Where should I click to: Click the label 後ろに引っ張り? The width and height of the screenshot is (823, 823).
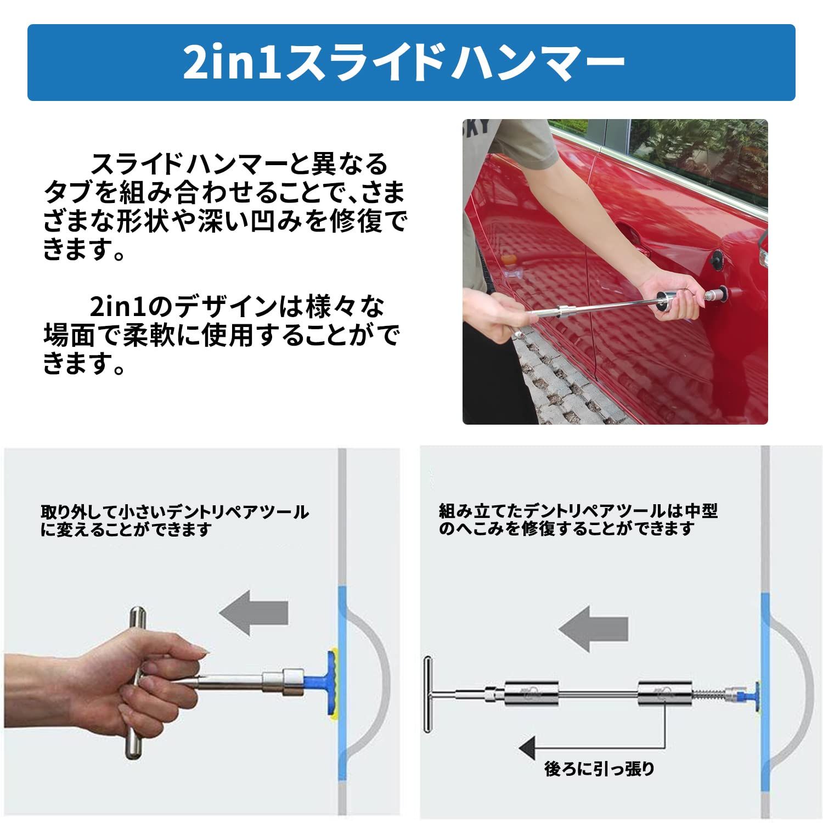(x=599, y=769)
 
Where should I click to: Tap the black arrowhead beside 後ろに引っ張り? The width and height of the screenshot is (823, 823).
(x=528, y=747)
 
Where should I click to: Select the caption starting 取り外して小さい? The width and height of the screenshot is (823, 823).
(x=174, y=520)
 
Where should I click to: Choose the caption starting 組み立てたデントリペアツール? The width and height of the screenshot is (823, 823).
(x=578, y=520)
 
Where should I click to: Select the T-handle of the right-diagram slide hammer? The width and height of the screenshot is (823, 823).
(x=428, y=695)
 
